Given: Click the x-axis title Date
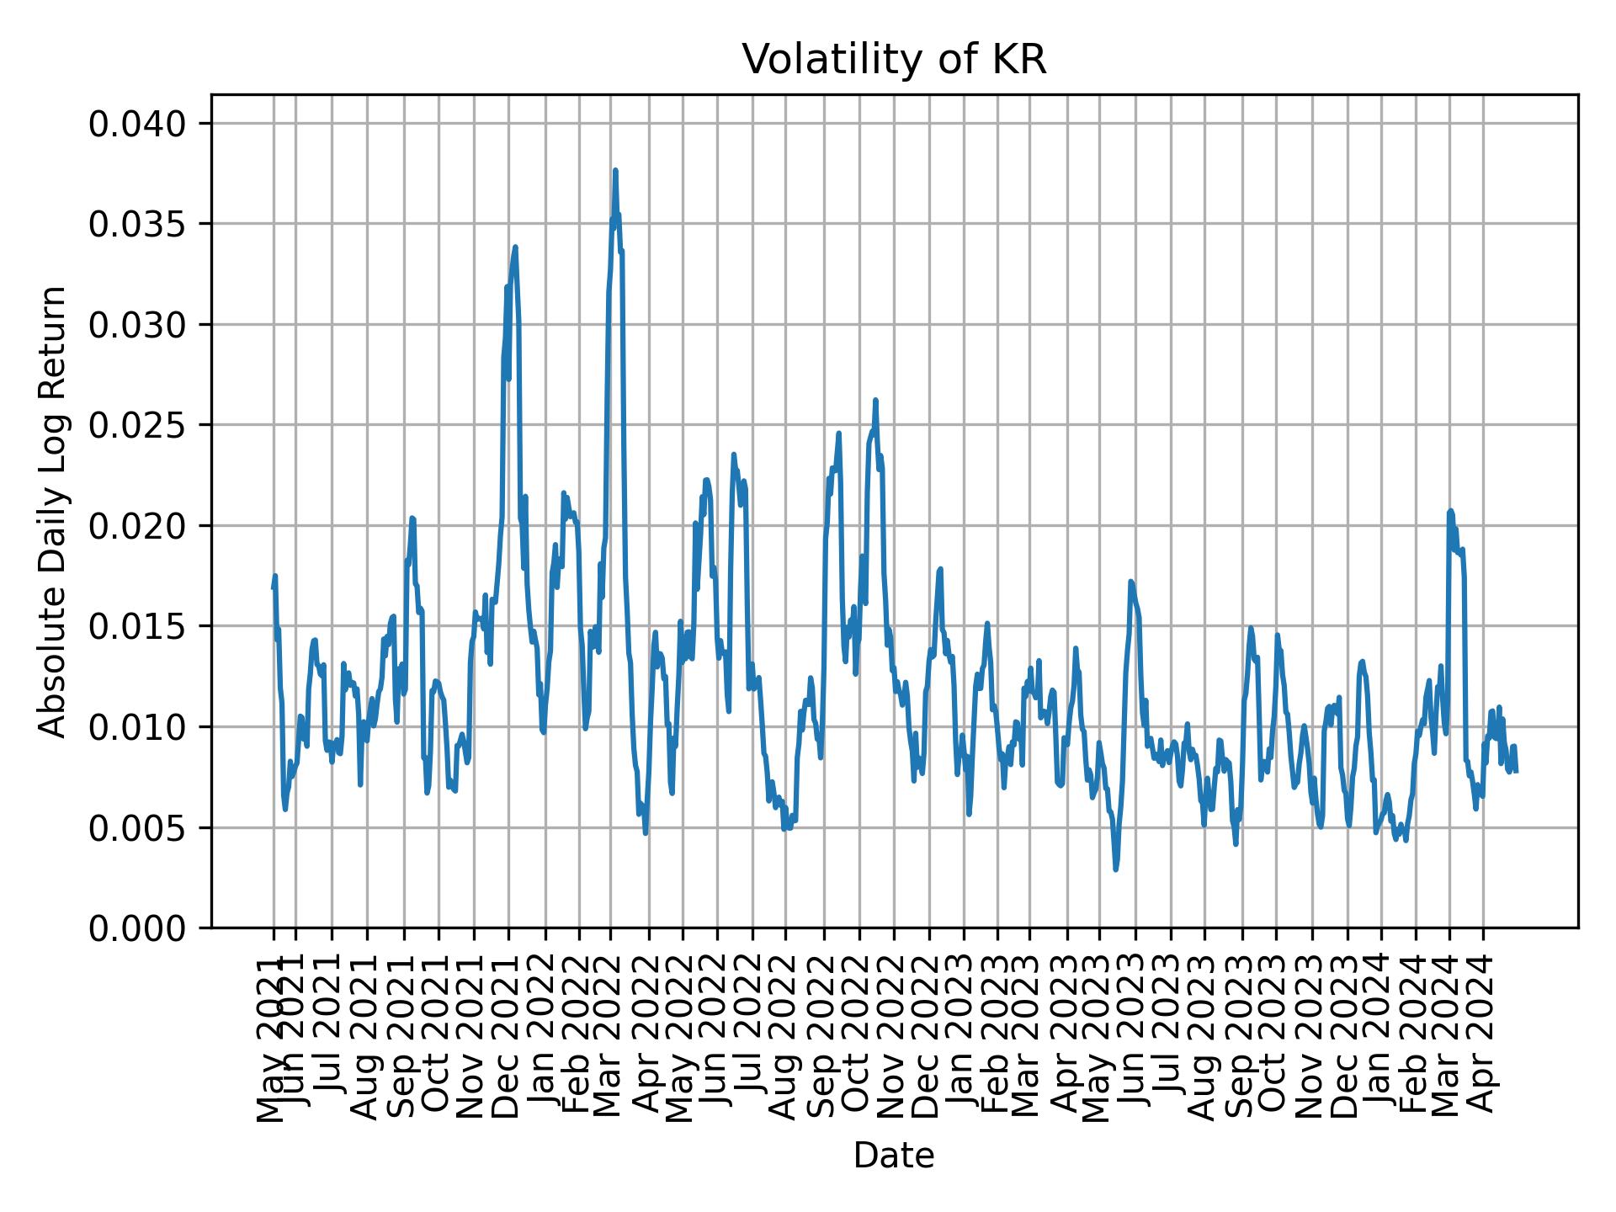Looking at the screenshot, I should click(894, 1156).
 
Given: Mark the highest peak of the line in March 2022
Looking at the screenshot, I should click(615, 171).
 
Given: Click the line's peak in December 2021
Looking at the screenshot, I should click(515, 247).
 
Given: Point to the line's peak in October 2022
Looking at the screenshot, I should click(875, 401).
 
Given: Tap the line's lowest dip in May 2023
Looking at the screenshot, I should click(1116, 869).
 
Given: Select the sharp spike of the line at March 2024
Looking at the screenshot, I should click(1450, 511).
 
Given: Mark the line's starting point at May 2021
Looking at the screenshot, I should click(274, 587).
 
